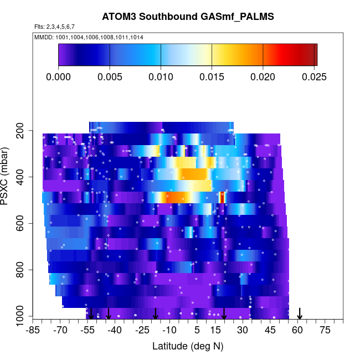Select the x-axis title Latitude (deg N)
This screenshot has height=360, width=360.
point(188,346)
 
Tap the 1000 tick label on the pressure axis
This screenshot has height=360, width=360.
point(21,317)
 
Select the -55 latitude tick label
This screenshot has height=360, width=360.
point(89,331)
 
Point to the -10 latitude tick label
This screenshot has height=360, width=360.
point(169,331)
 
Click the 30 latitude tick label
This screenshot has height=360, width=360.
point(243,331)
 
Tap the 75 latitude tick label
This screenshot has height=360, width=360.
point(325,331)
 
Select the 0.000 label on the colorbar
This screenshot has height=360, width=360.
point(59,76)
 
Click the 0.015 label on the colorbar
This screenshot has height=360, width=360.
point(212,76)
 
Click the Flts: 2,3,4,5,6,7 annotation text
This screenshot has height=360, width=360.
point(54,27)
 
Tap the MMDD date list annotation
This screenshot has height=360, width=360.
point(89,37)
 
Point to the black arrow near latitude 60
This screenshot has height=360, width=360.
point(300,314)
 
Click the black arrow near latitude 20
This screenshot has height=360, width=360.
point(224,314)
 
